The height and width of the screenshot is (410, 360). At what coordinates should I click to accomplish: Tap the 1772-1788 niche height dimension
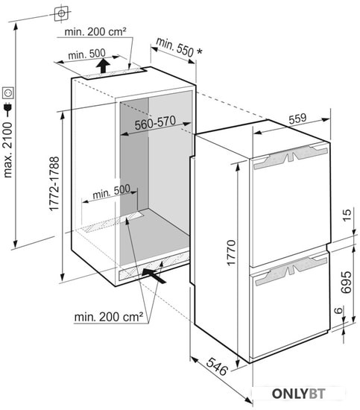point(54,183)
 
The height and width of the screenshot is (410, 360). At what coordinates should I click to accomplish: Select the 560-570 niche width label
point(155,122)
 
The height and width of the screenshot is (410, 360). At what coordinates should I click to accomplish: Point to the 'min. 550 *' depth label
point(180,47)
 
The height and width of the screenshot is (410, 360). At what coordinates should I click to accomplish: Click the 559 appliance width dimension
point(297,119)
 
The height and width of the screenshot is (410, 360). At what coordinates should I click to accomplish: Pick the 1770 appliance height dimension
point(231,253)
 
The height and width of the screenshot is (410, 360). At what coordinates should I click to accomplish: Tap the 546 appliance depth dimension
point(217,366)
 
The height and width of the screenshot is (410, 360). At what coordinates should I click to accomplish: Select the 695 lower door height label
point(346,282)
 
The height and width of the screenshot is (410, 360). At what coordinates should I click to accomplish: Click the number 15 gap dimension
point(347,215)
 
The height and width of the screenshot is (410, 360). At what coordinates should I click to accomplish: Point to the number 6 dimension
point(338,310)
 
